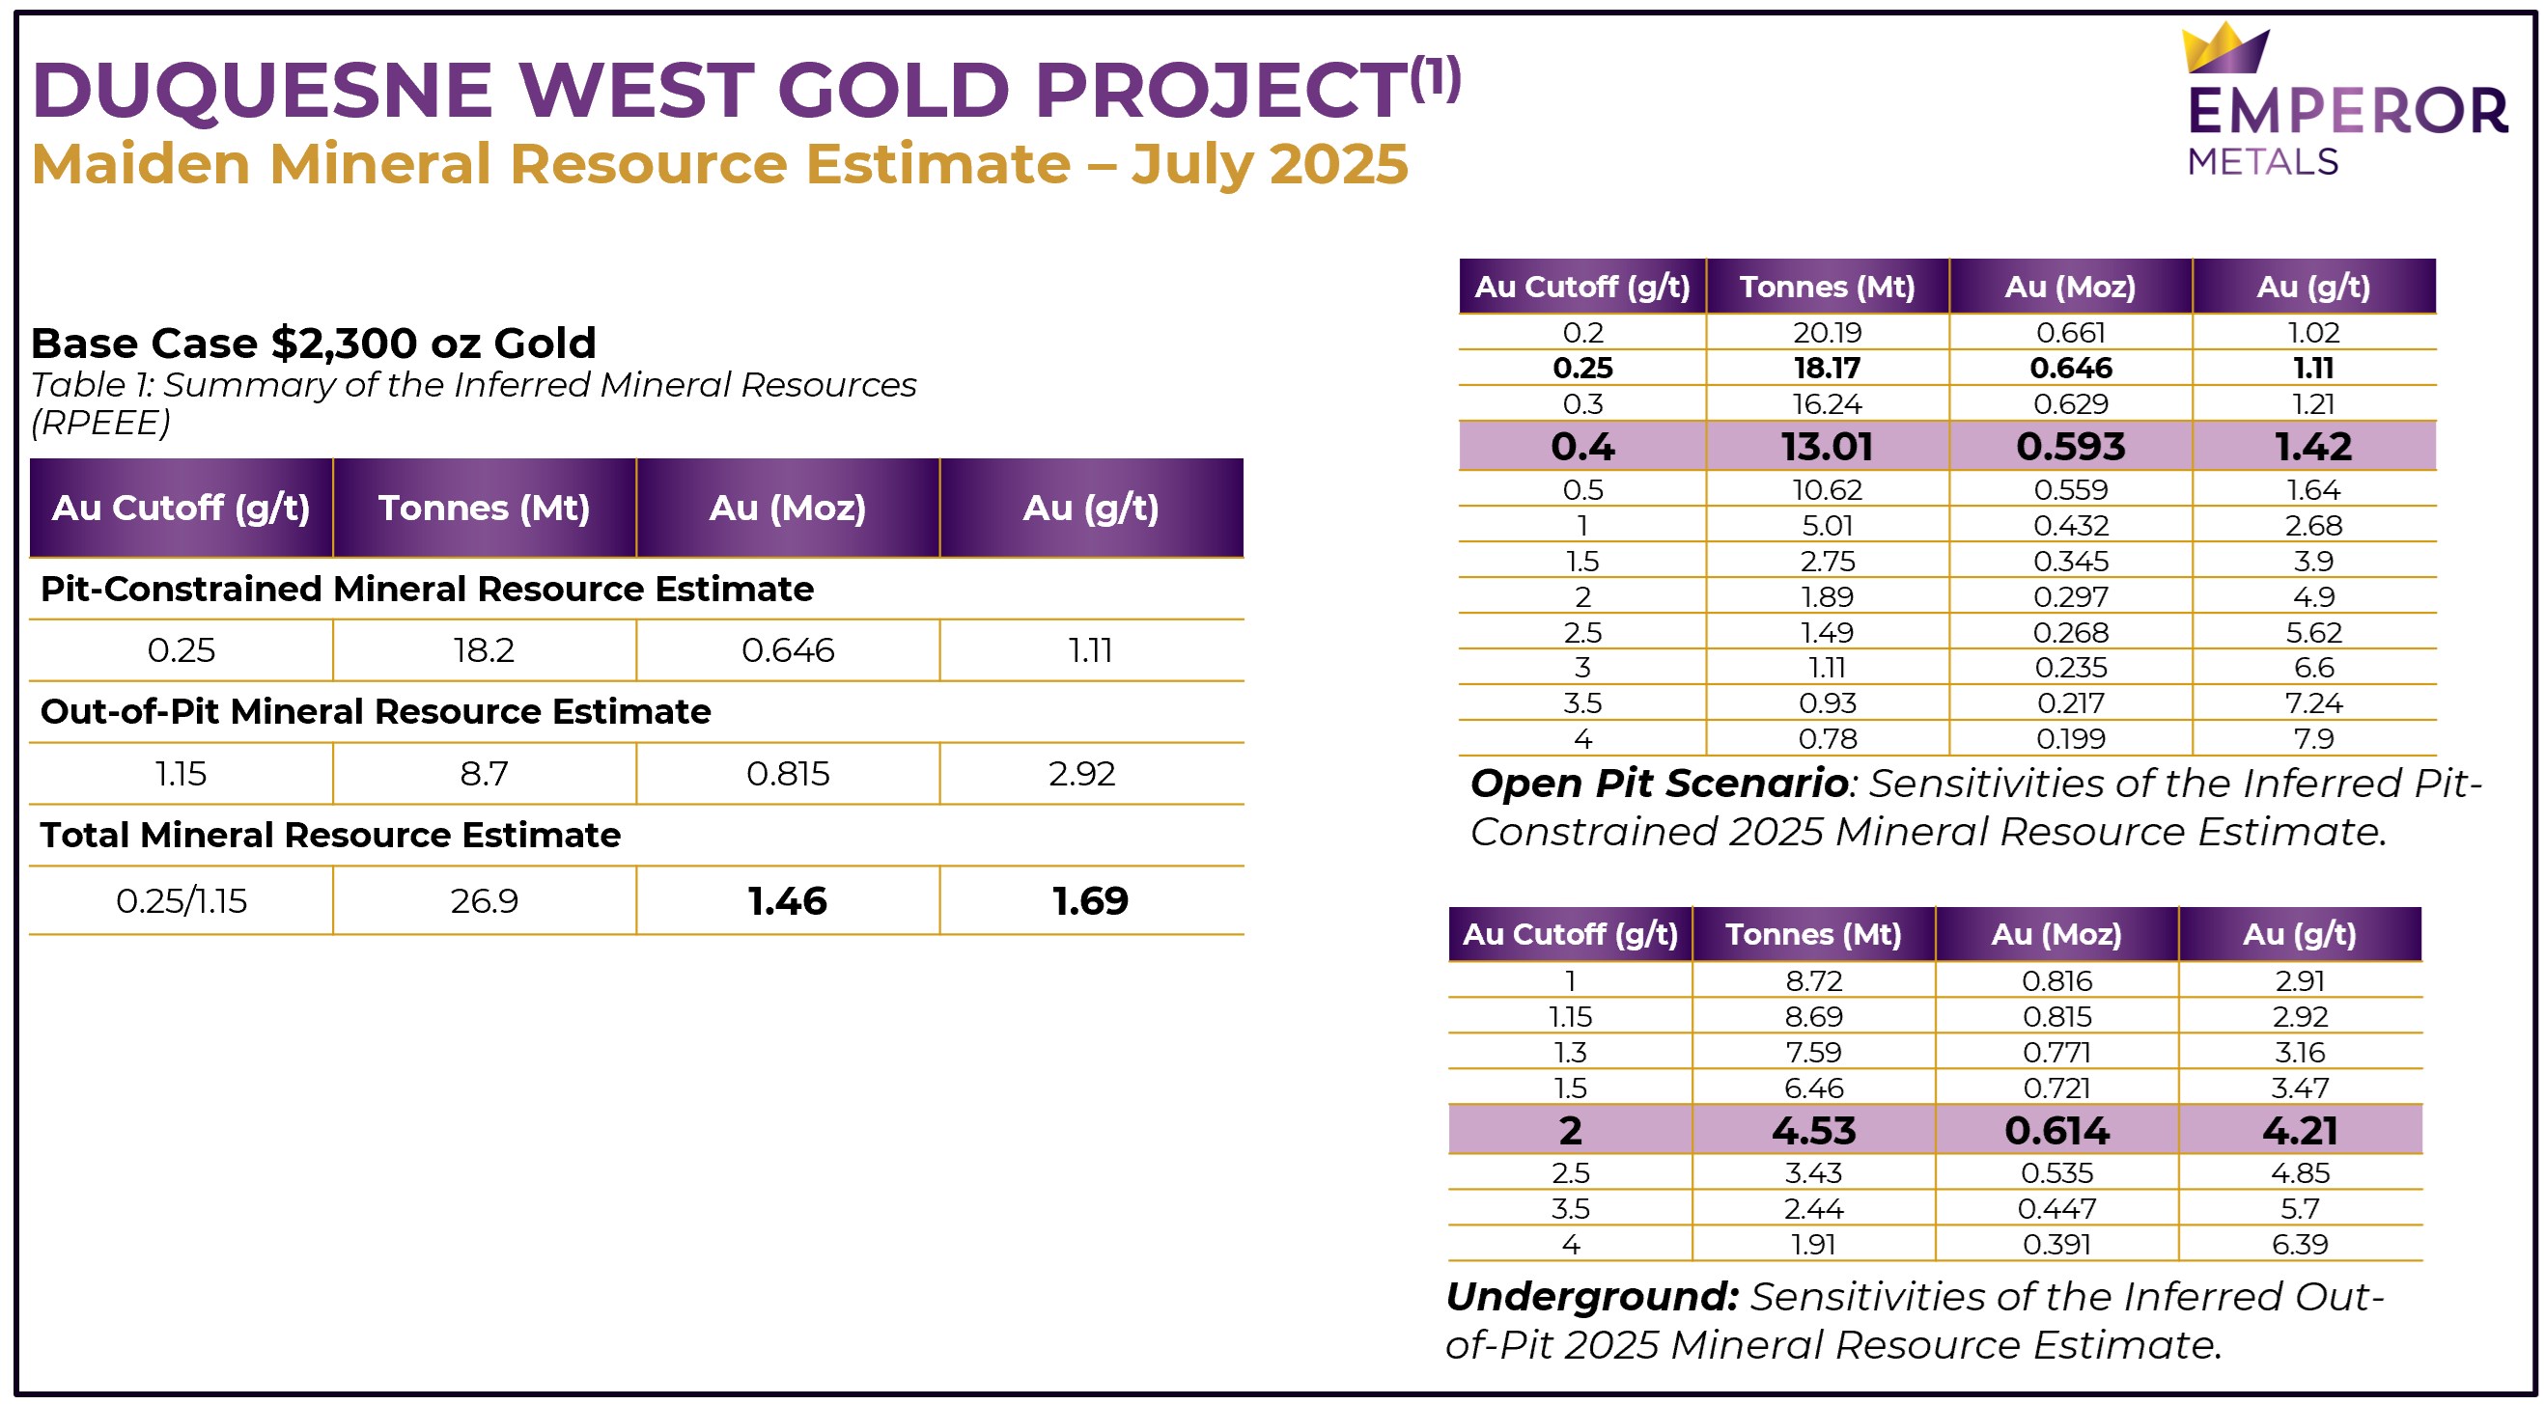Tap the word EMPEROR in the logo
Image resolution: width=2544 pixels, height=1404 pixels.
click(x=2346, y=112)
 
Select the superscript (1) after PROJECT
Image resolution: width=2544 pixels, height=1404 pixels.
click(x=1434, y=78)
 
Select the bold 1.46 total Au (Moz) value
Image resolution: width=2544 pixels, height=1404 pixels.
click(x=787, y=900)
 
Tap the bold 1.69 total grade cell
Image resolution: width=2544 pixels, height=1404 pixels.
click(x=1089, y=900)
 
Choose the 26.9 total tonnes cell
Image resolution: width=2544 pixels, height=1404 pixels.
click(x=484, y=900)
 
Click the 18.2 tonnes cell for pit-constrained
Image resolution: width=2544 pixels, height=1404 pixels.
click(x=484, y=649)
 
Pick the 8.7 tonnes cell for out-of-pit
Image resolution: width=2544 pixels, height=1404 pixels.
click(x=484, y=773)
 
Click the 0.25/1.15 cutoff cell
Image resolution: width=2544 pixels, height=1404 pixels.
click(x=181, y=900)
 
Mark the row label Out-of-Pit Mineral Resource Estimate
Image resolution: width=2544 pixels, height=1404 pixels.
click(x=376, y=712)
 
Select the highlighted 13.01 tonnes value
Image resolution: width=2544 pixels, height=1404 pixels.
click(x=1826, y=446)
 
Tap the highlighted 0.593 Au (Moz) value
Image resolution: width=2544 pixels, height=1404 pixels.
click(x=2070, y=446)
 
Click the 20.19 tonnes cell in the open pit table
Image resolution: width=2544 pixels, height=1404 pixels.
click(x=1826, y=333)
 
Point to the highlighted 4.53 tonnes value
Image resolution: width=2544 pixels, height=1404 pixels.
click(x=1813, y=1131)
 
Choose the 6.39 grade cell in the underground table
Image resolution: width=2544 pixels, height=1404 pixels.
click(x=2299, y=1244)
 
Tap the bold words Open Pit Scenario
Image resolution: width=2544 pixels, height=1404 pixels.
click(x=1659, y=783)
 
